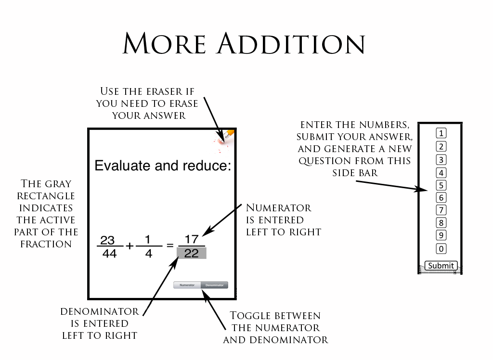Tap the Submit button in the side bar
coord(441,266)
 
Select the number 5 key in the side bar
coord(441,185)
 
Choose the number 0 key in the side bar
coord(441,249)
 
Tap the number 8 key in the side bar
coord(441,223)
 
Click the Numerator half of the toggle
coord(187,285)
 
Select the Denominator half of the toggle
coord(214,285)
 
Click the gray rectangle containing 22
coord(192,253)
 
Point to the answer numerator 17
coord(192,239)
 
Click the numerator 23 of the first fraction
coord(107,240)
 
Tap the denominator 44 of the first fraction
coord(110,253)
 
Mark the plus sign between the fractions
coord(130,246)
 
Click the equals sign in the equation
coord(169,245)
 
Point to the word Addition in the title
coord(290,44)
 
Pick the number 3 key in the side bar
coord(441,160)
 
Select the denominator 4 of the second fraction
coord(148,253)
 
